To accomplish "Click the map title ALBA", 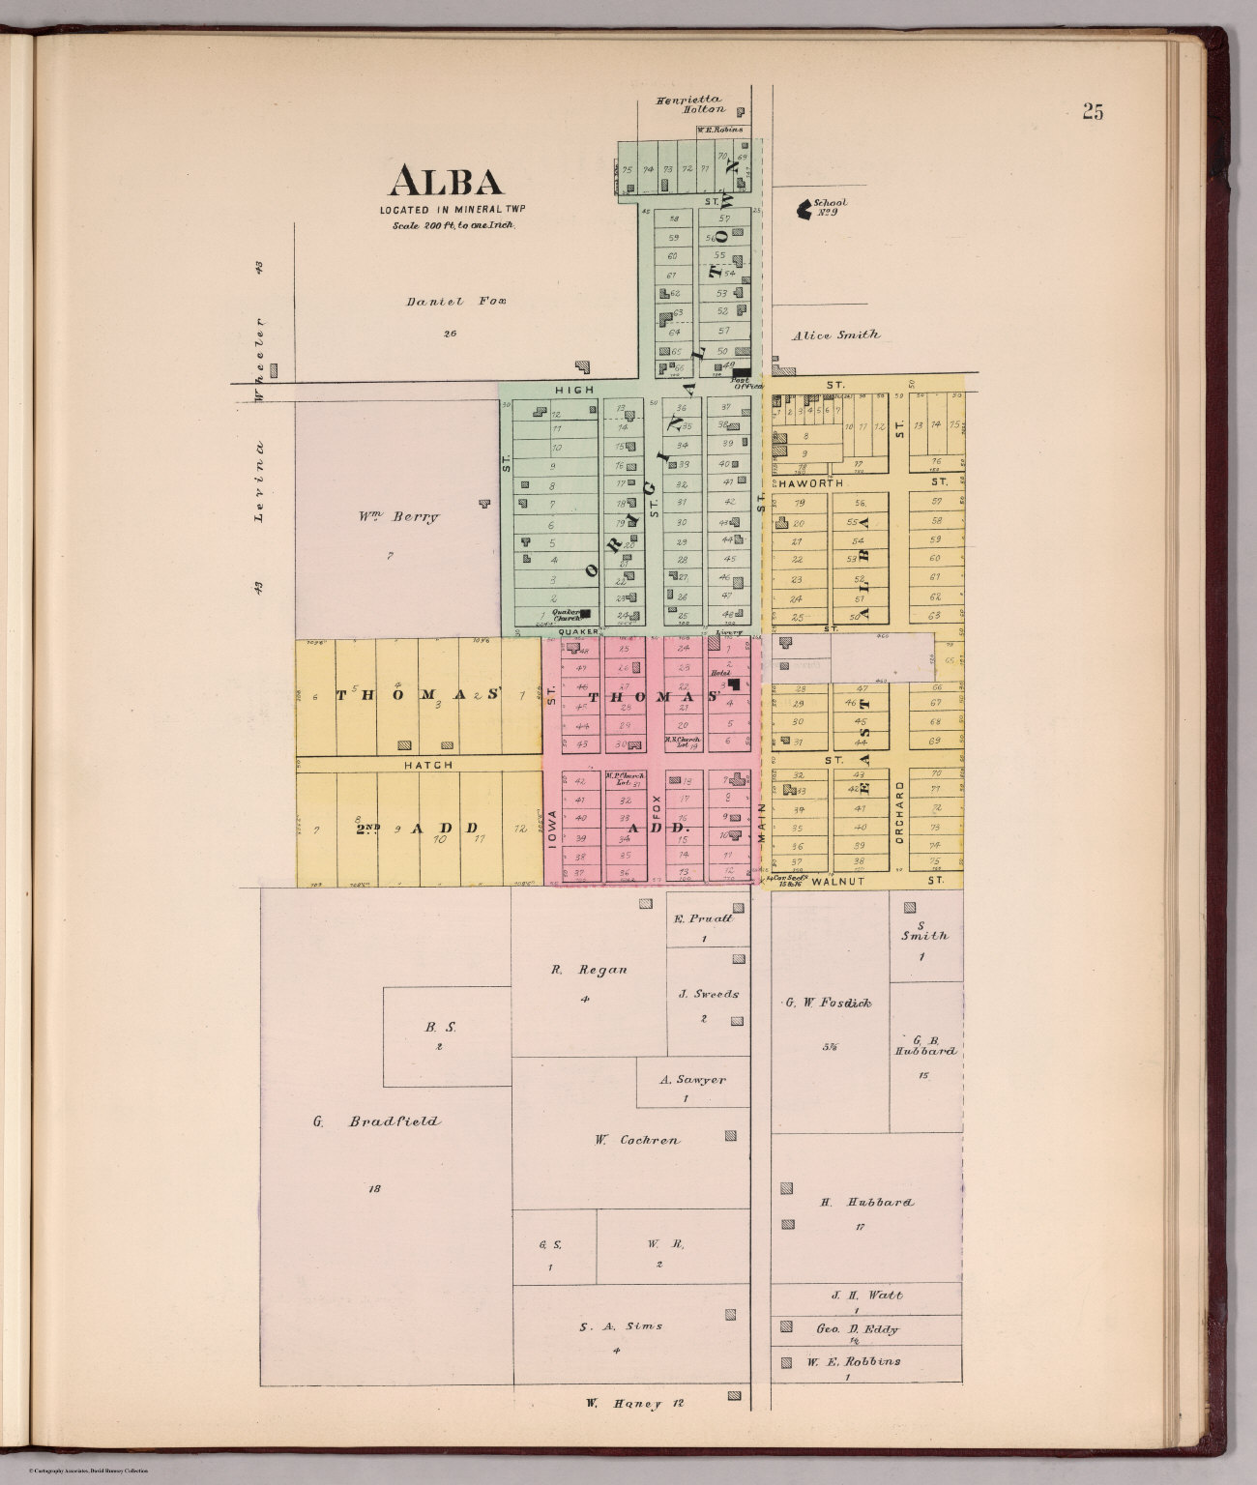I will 446,181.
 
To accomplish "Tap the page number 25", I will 1093,111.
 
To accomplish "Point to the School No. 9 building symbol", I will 802,207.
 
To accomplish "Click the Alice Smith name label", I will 836,335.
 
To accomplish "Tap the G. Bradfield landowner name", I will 377,1121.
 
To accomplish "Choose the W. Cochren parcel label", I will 636,1139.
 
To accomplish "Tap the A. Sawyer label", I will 691,1080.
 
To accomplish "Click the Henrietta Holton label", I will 689,103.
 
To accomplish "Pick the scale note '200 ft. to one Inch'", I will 453,224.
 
